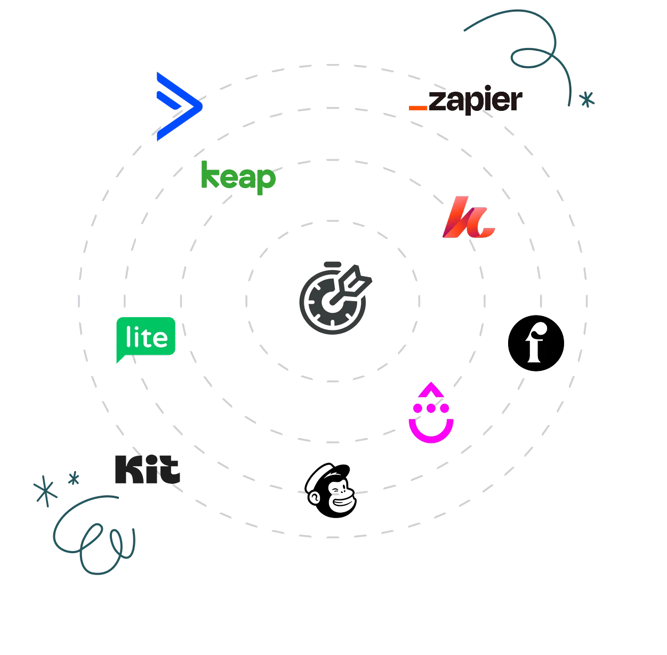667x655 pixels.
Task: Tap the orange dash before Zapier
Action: coord(417,108)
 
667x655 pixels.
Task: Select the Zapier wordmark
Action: coord(475,100)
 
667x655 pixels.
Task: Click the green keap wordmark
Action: coord(238,177)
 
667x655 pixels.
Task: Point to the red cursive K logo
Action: coord(468,219)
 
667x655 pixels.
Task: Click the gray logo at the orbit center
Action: coord(335,298)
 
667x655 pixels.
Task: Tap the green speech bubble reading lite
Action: coord(146,337)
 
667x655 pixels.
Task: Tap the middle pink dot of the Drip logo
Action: coord(431,408)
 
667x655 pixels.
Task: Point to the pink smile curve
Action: coord(431,432)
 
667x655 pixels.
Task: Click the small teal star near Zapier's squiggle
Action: coord(587,99)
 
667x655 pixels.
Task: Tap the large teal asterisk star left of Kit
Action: coord(44,490)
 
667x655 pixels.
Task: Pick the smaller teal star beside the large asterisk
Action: coord(73,479)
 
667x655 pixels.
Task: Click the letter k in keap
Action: coord(208,176)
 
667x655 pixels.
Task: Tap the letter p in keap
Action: coord(266,181)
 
